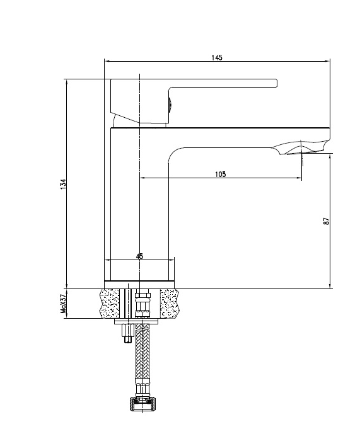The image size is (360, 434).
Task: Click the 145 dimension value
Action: pyautogui.click(x=217, y=57)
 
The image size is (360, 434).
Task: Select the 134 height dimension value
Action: pyautogui.click(x=63, y=184)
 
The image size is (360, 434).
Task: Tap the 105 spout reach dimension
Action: pyautogui.click(x=220, y=174)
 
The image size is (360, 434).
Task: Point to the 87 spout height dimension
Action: pyautogui.click(x=327, y=221)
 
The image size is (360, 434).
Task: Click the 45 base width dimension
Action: pyautogui.click(x=140, y=256)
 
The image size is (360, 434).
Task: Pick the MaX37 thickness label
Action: pyautogui.click(x=63, y=304)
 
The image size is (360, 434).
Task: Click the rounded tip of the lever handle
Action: pyautogui.click(x=276, y=83)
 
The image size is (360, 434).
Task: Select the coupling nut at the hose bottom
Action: pyautogui.click(x=142, y=404)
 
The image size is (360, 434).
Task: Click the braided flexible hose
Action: pyautogui.click(x=142, y=351)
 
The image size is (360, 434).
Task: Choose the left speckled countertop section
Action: pyautogui.click(x=110, y=304)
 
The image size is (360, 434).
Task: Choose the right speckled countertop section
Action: pyautogui.click(x=170, y=304)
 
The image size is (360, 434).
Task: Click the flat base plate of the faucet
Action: pyautogui.click(x=139, y=285)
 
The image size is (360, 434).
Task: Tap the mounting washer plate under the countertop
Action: pyautogui.click(x=136, y=321)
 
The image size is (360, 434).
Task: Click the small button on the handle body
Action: pyautogui.click(x=170, y=105)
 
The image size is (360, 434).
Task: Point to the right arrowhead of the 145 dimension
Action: pyautogui.click(x=328, y=61)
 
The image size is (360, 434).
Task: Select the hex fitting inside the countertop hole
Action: pyautogui.click(x=142, y=303)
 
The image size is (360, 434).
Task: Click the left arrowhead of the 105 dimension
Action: pyautogui.click(x=142, y=178)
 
